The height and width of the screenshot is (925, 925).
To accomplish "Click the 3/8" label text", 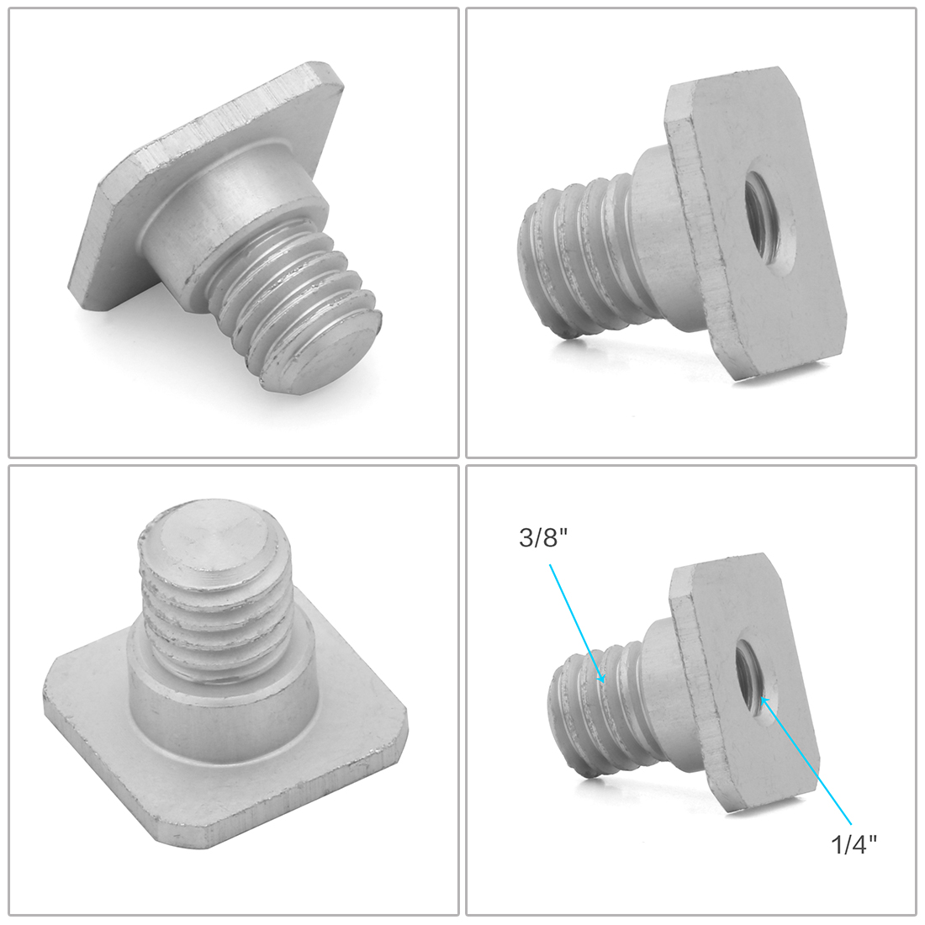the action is coord(538,538).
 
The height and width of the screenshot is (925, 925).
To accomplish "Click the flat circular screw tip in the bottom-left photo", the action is coord(214,536).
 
